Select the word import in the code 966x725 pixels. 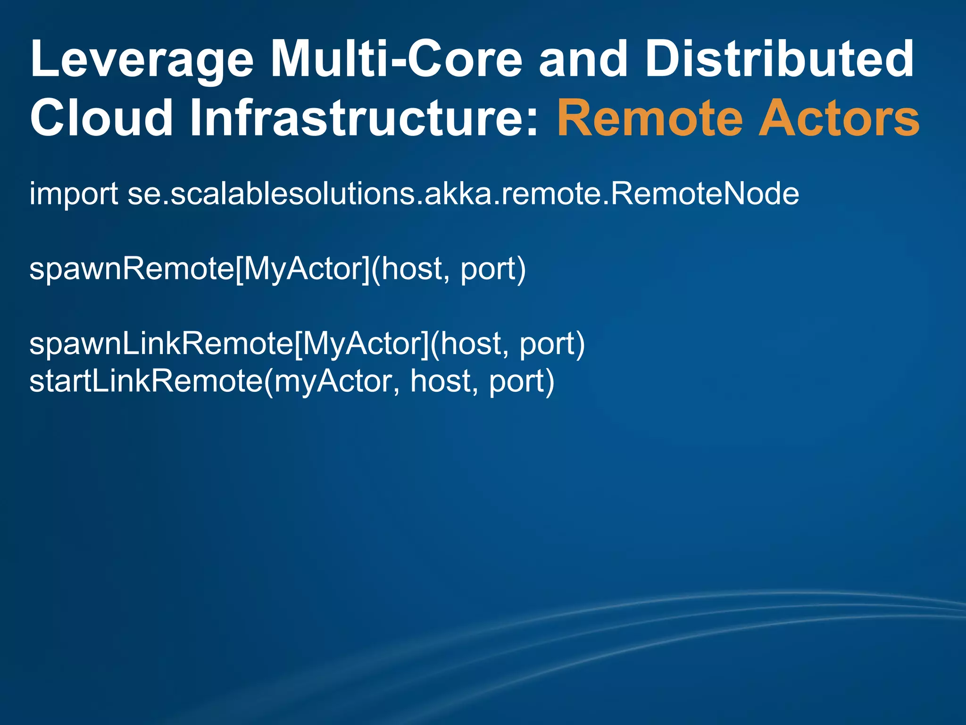(74, 194)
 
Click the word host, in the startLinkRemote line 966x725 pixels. (441, 381)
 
